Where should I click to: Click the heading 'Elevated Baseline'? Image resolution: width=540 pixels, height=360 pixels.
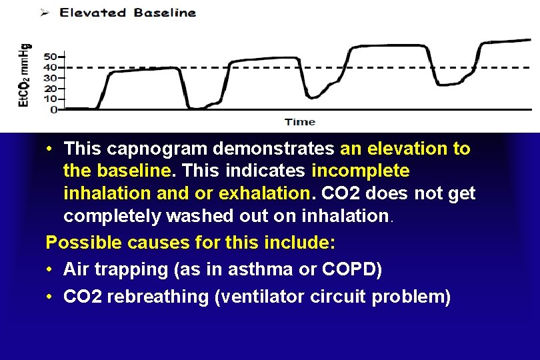(x=128, y=12)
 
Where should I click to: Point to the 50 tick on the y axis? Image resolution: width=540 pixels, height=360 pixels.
(x=51, y=56)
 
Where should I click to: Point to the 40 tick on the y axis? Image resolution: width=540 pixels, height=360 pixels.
(x=51, y=67)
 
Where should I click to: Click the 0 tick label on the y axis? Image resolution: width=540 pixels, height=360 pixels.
(x=54, y=109)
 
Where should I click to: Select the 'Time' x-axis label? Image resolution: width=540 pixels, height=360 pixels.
(x=300, y=122)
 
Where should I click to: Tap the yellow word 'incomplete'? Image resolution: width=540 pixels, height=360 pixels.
(x=361, y=171)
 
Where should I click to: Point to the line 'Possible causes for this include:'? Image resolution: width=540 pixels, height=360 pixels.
(x=190, y=243)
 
